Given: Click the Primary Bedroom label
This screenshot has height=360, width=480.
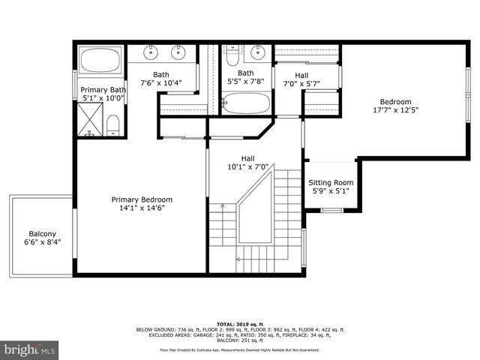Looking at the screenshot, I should tap(142, 199).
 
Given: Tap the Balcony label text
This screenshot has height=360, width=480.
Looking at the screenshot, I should tap(40, 232).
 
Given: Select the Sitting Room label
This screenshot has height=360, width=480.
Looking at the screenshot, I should tap(331, 182).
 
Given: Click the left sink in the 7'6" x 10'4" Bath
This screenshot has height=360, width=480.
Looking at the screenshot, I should tap(151, 52).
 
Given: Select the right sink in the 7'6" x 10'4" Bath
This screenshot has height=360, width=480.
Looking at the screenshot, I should tap(178, 52).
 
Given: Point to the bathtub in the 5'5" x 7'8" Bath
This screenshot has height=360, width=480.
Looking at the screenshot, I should tap(246, 103).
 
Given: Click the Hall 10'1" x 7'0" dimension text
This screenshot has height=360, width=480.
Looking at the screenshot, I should tap(247, 167).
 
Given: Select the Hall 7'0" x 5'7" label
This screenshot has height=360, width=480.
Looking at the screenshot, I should tap(301, 75).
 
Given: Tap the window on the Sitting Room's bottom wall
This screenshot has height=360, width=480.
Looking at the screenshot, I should tap(331, 210).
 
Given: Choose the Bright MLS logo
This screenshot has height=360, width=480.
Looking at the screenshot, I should tap(29, 349).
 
